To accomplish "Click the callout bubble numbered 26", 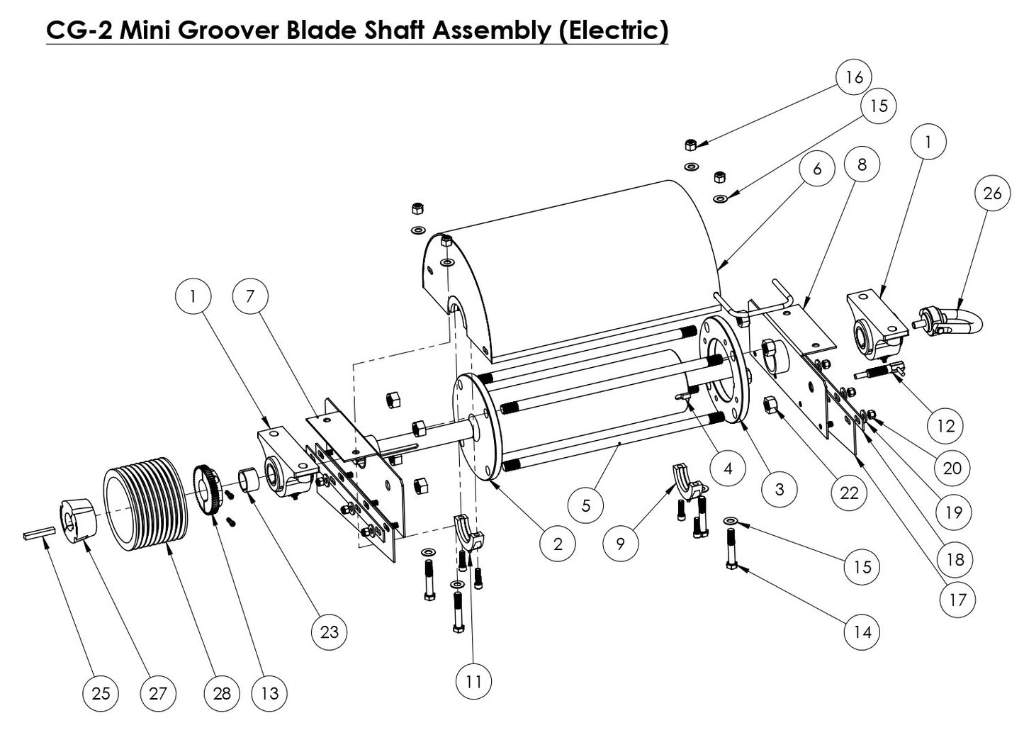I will (x=992, y=192).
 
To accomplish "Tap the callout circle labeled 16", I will (x=854, y=77).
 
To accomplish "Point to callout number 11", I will (x=473, y=681).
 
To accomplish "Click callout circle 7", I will (x=250, y=296).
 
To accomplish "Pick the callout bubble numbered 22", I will (x=849, y=492).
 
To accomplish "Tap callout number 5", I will (x=586, y=506).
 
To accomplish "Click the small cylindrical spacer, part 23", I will (x=248, y=479).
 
